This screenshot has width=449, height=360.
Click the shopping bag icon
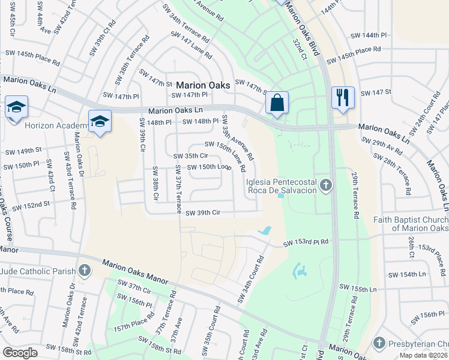(x=277, y=103)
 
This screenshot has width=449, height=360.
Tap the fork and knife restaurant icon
(x=343, y=97)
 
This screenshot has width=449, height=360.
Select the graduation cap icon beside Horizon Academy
(x=100, y=122)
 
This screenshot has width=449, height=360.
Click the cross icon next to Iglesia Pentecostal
(x=325, y=185)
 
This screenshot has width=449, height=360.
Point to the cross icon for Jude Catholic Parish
(x=85, y=271)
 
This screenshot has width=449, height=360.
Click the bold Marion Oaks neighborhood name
(x=203, y=85)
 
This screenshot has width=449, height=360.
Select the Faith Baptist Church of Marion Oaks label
(x=411, y=224)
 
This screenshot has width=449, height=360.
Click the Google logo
(x=20, y=353)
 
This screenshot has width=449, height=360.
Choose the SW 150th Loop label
(x=209, y=167)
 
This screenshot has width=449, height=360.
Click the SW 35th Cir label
(x=190, y=156)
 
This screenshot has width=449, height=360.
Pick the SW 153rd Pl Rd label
(x=306, y=242)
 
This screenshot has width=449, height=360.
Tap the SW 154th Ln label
(x=406, y=274)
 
